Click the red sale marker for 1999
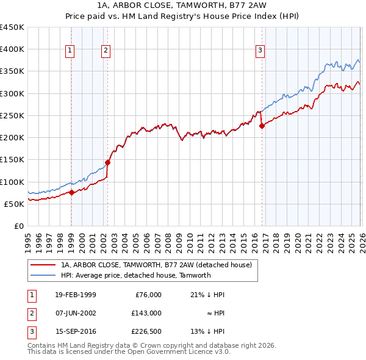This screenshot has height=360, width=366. coord(71,192)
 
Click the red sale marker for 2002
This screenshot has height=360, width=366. coord(107,162)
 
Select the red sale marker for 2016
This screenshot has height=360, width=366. coord(262,126)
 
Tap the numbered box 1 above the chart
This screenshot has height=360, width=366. coord(70,51)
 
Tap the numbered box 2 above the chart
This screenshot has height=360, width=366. coord(106,51)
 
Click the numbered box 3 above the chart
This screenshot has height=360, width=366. coord(260,51)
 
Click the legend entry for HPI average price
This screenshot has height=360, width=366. coord(135,275)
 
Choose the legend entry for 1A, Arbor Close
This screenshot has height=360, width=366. coord(160,265)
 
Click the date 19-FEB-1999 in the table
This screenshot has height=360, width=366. coord(75,295)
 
